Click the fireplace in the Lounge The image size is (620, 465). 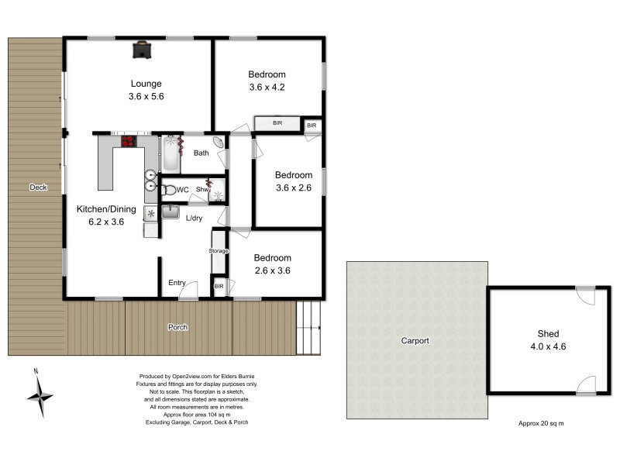(140, 50)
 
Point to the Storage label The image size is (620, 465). (219, 251)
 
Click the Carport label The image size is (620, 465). (415, 340)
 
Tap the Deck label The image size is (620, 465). (37, 188)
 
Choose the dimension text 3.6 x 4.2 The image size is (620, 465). (267, 87)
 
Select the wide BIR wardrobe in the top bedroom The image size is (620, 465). (277, 124)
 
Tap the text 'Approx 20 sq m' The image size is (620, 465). (541, 423)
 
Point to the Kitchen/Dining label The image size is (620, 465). (106, 209)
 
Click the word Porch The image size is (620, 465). (177, 327)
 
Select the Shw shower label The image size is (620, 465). (203, 189)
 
